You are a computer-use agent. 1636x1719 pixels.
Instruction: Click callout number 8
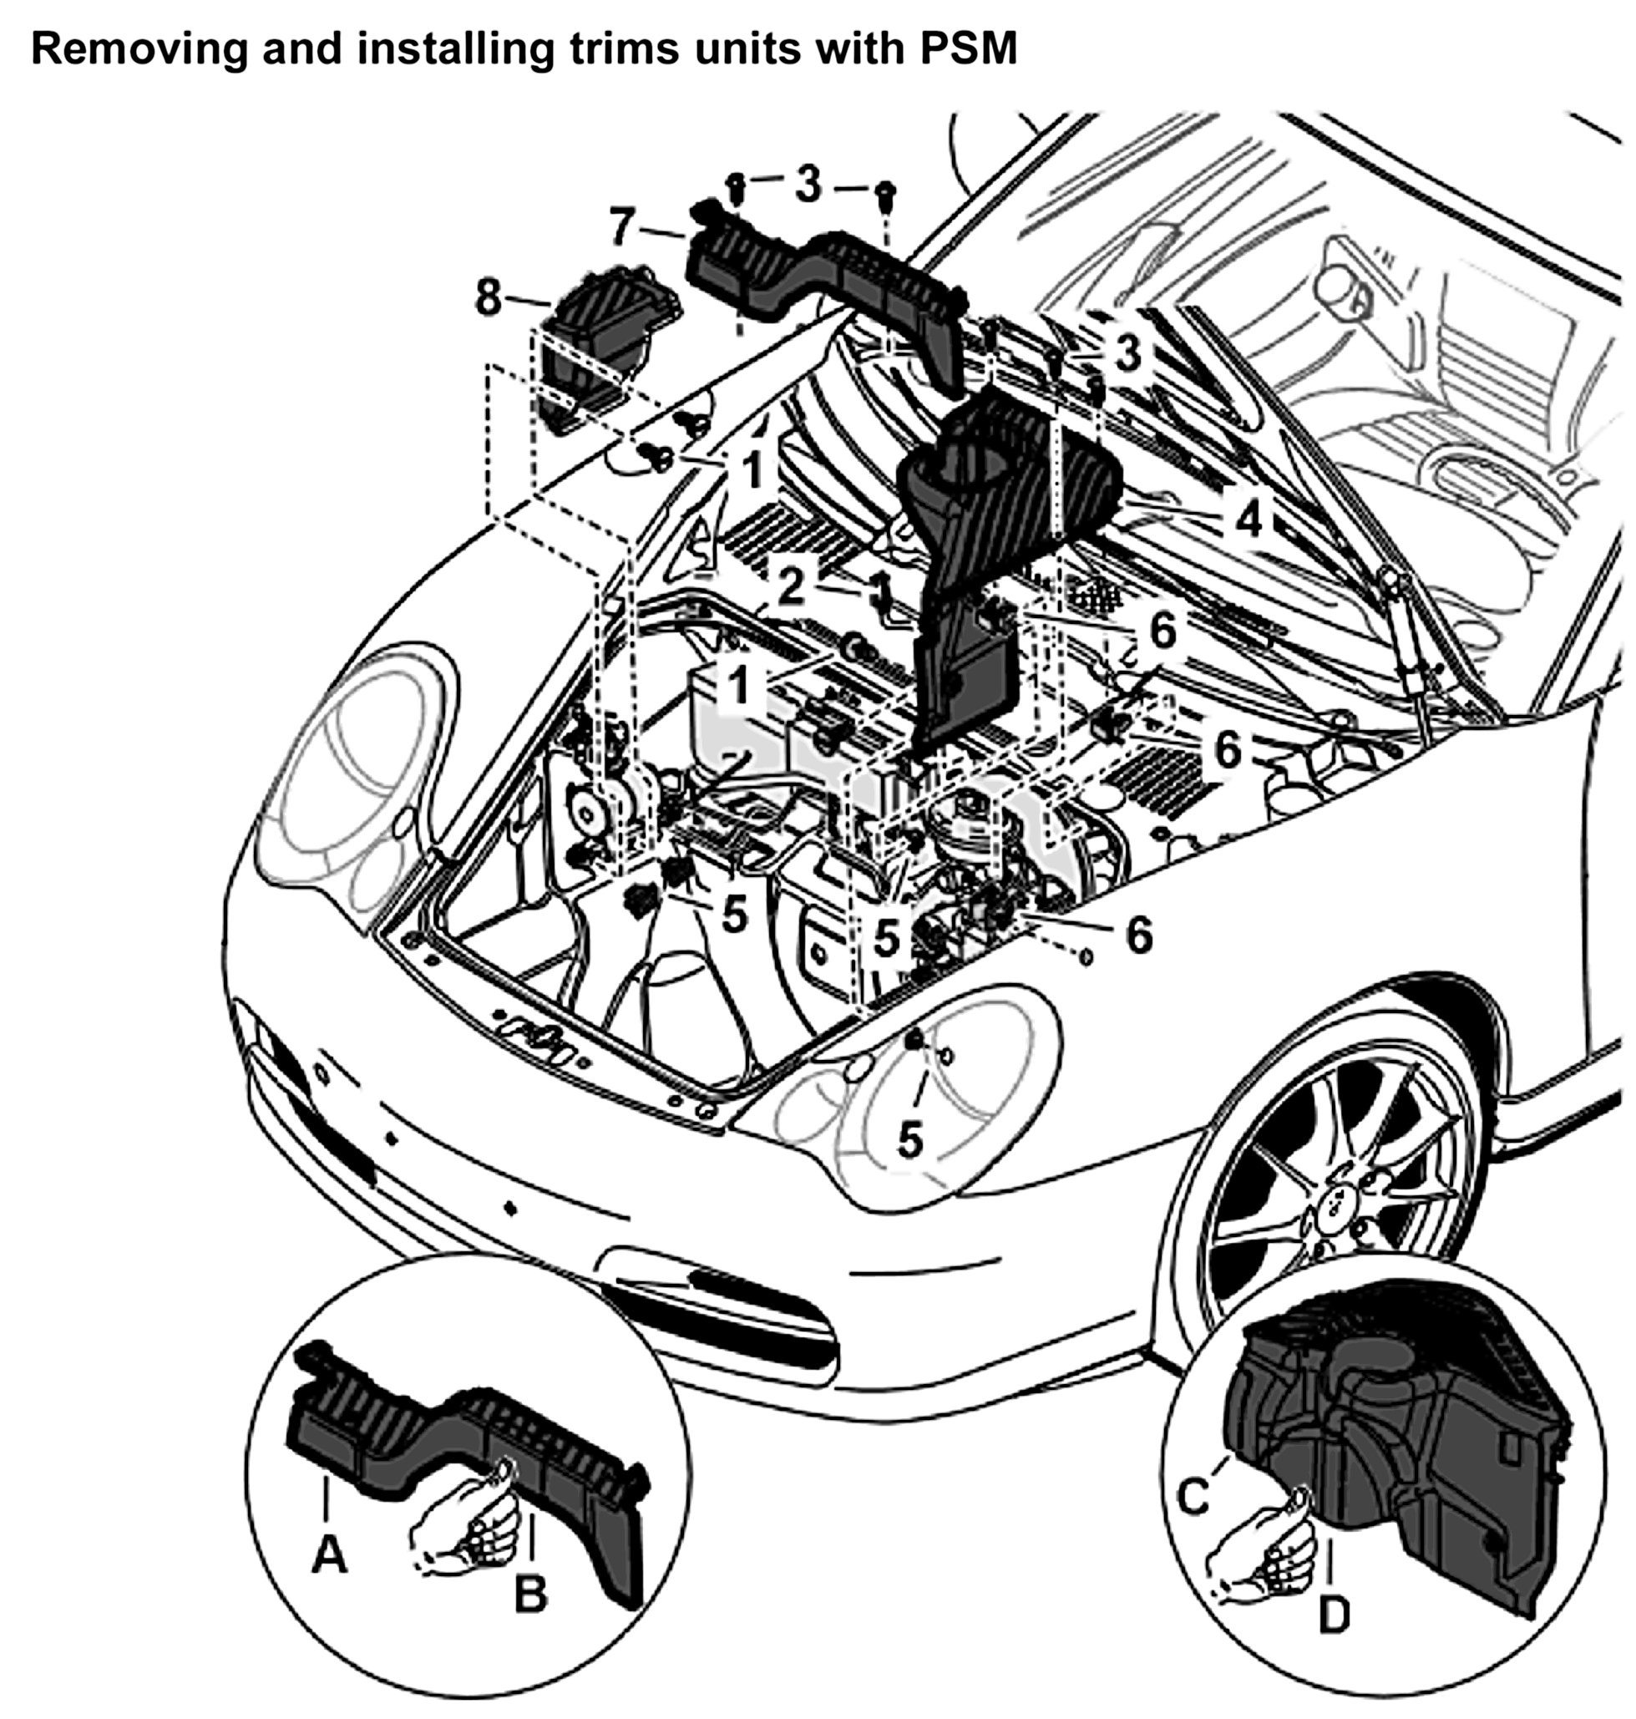tap(489, 297)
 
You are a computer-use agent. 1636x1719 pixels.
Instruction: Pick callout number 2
tap(790, 588)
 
